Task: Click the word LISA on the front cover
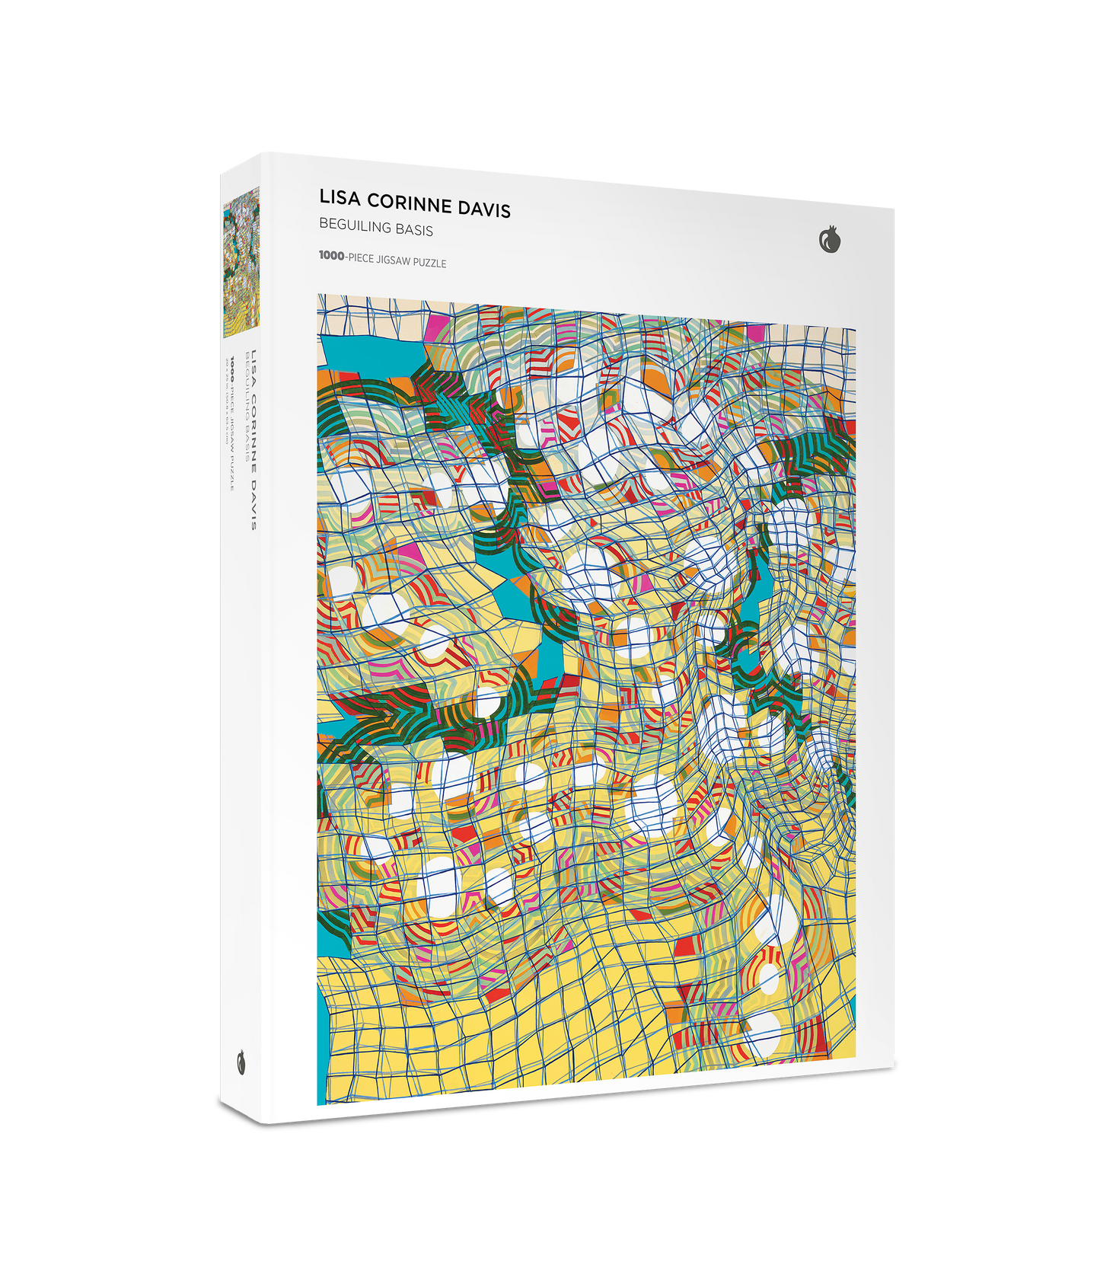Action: [x=339, y=198]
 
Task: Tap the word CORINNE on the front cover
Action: [x=407, y=202]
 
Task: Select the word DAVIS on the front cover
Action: [x=483, y=208]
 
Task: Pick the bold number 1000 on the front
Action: [x=331, y=256]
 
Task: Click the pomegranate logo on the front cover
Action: [x=830, y=241]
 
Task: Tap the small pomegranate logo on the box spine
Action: [x=242, y=1062]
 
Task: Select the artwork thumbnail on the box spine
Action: [x=241, y=263]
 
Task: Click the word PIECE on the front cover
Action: [x=361, y=258]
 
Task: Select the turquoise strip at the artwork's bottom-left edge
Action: [x=322, y=1051]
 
